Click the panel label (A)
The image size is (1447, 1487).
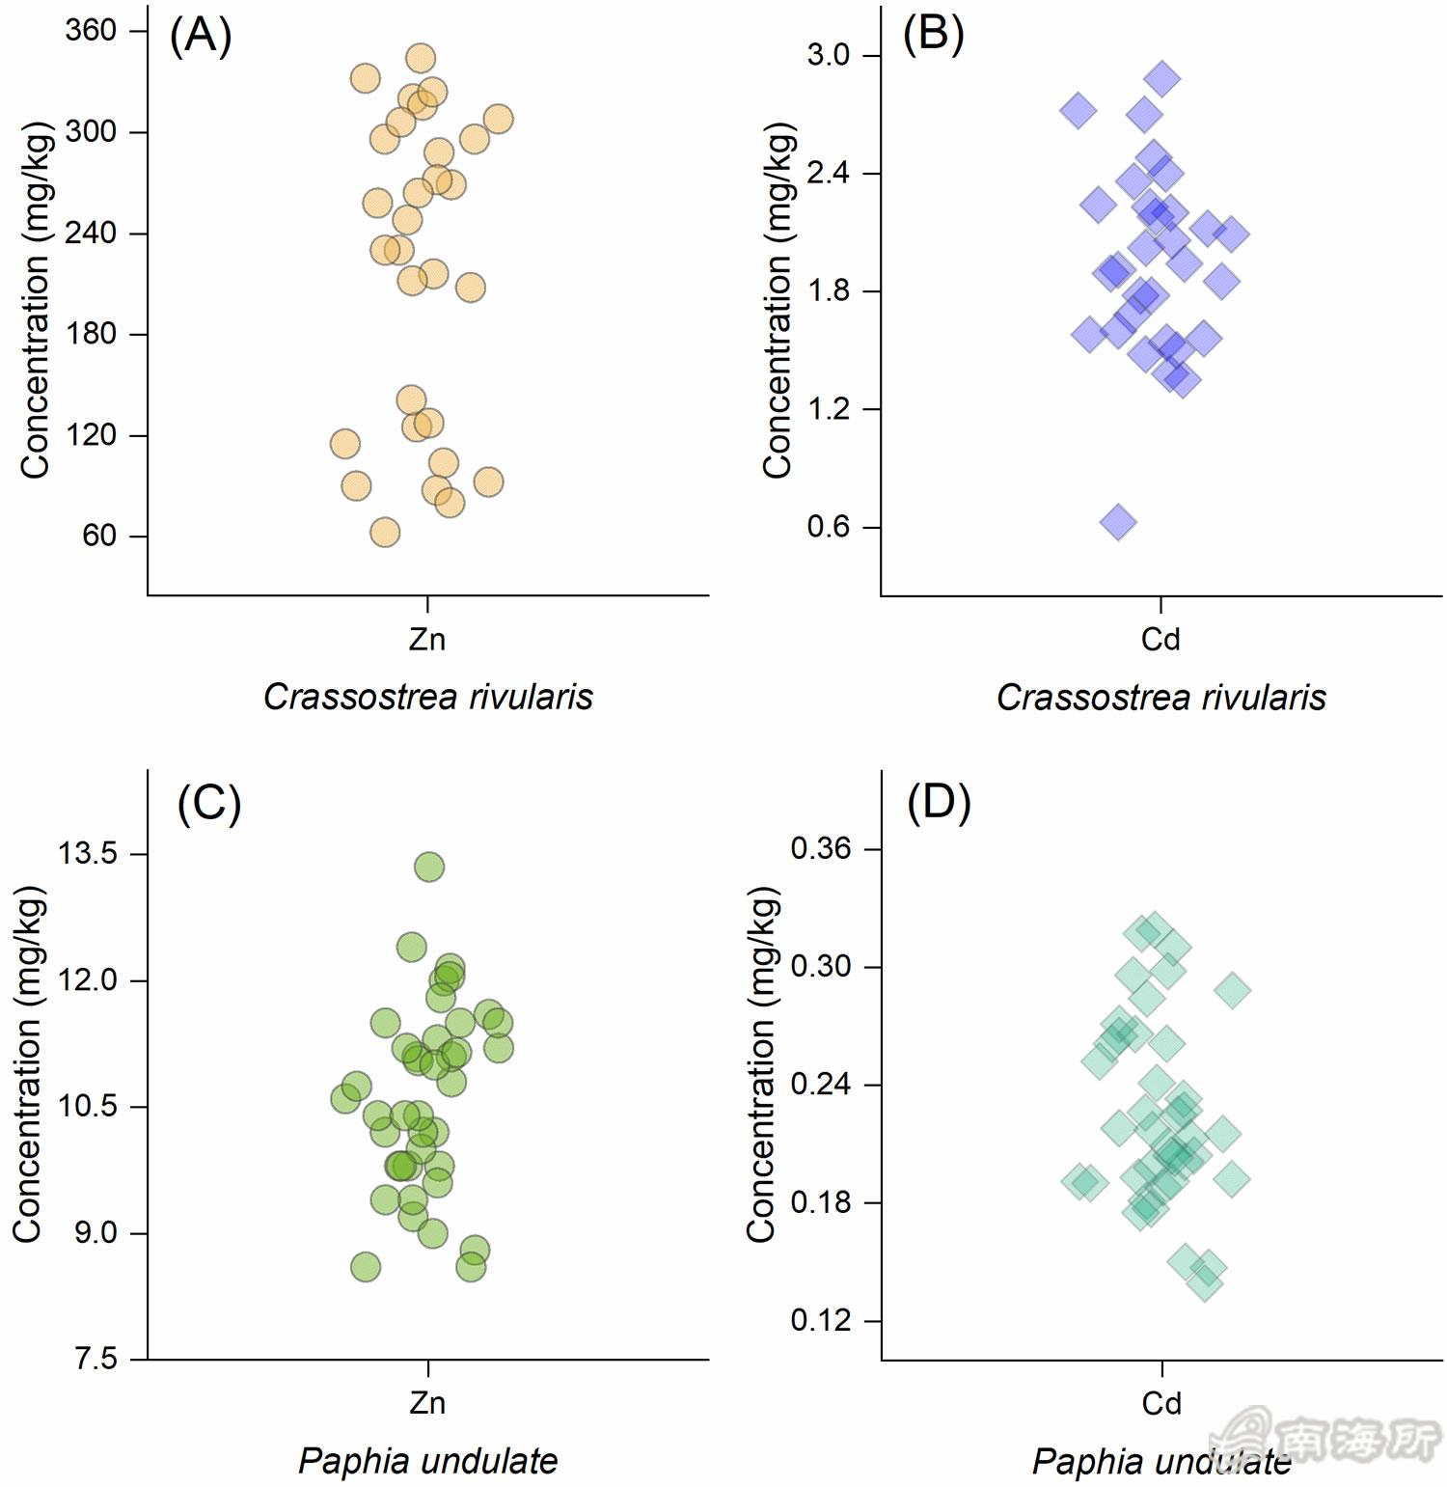[201, 38]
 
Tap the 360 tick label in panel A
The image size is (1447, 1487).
[91, 31]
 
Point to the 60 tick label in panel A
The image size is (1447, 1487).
[99, 536]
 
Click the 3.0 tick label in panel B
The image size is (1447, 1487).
[829, 55]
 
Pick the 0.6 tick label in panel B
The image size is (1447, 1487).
[829, 527]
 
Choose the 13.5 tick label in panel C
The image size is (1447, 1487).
[88, 854]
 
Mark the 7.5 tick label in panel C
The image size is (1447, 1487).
[96, 1360]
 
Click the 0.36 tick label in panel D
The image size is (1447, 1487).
[821, 849]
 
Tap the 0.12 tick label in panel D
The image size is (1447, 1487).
[821, 1320]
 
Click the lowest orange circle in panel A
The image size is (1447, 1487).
[385, 533]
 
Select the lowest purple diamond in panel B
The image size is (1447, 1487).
[1118, 522]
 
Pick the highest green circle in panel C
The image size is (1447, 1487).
[429, 867]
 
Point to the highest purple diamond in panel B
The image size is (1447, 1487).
[1163, 79]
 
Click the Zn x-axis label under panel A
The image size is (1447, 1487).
[427, 639]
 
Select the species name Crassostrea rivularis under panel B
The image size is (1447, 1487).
[1160, 697]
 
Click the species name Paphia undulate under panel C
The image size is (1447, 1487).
[427, 1460]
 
